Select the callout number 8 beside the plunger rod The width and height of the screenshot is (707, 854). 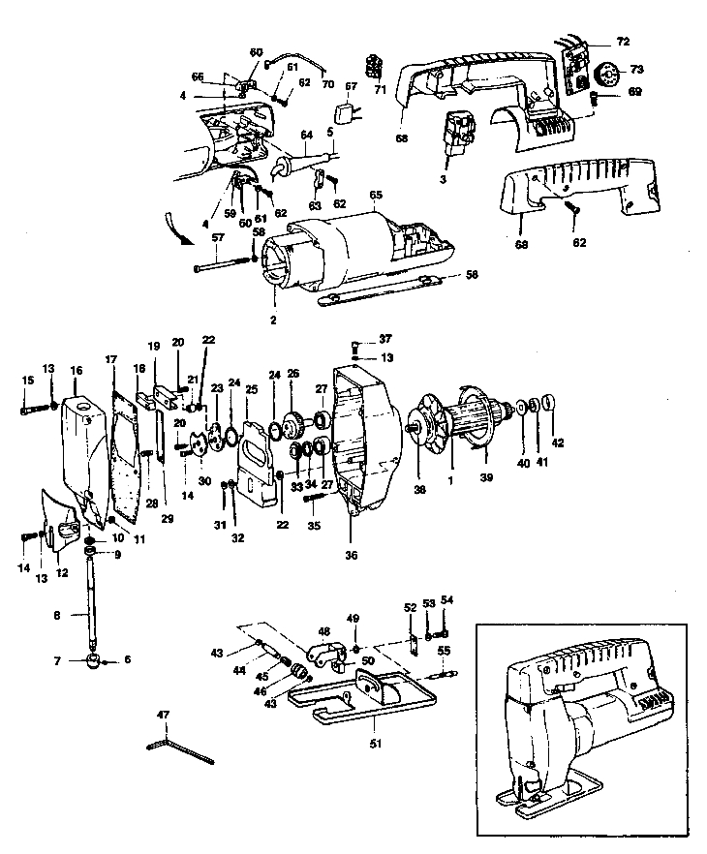point(56,614)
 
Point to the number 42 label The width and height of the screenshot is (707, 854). point(557,443)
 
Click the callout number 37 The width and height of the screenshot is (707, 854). point(385,339)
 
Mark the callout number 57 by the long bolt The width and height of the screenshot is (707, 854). point(218,237)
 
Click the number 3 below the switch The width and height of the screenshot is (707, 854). point(443,179)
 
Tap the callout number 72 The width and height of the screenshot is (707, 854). point(622,42)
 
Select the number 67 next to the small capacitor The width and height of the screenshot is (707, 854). point(352,85)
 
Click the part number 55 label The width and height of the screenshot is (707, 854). point(444,651)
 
